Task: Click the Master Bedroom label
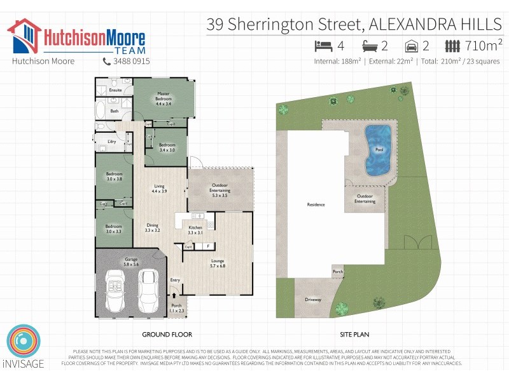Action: tap(164, 98)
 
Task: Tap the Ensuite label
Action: tap(115, 90)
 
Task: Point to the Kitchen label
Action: tap(195, 230)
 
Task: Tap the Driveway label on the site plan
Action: tap(312, 298)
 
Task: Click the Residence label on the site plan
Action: tap(316, 204)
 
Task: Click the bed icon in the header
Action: tap(324, 46)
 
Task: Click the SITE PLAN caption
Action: tap(354, 334)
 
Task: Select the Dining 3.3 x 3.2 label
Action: tap(152, 227)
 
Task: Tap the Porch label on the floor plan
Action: tap(176, 308)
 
